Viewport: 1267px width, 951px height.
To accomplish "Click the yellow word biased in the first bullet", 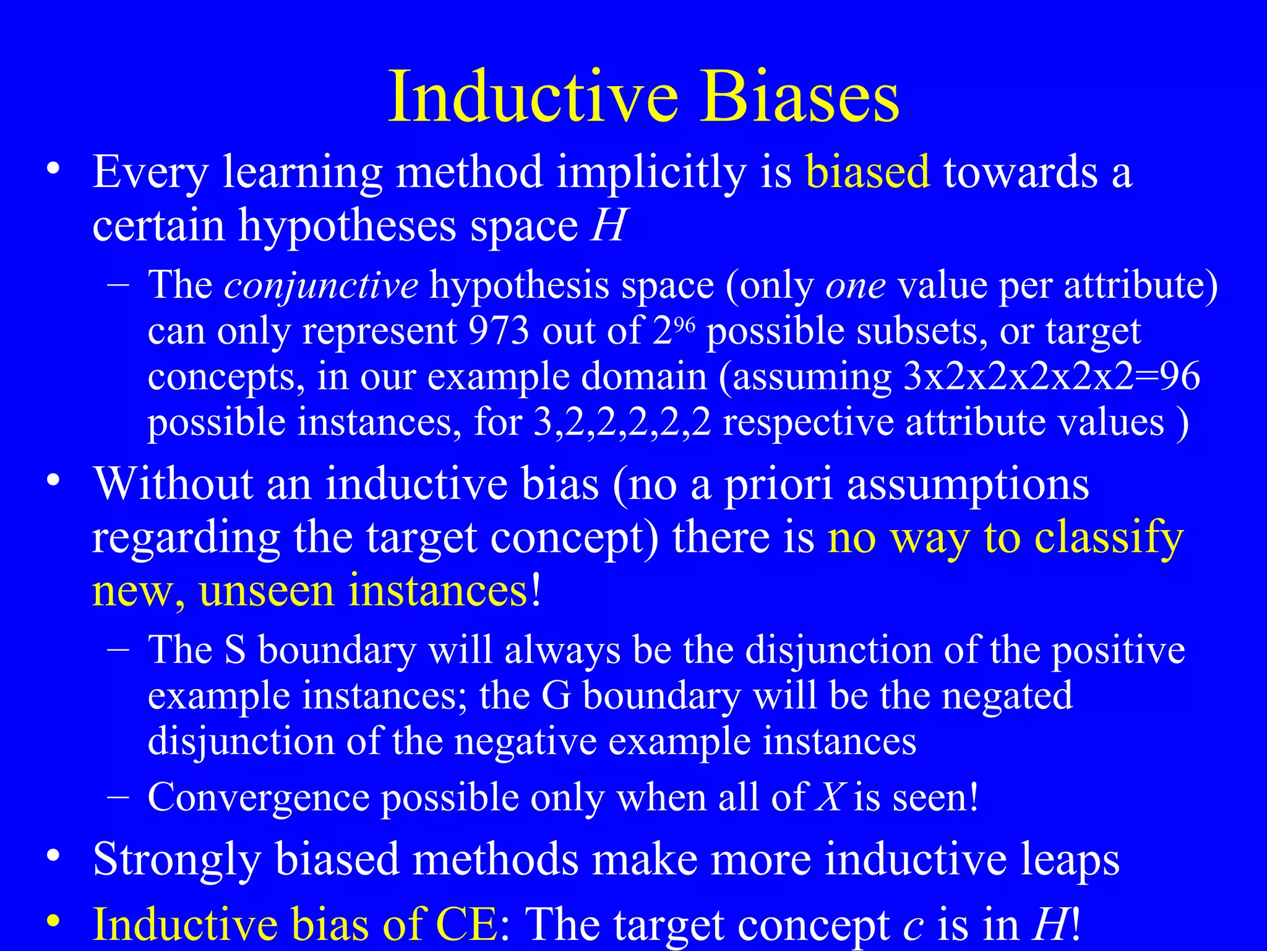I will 867,172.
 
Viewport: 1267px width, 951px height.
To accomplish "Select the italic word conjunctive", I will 320,285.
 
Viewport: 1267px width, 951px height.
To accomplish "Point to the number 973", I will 499,331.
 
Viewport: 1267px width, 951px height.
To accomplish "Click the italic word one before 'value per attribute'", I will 856,285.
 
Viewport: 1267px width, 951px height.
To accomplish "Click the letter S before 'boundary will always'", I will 234,650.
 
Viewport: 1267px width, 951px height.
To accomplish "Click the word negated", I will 1007,696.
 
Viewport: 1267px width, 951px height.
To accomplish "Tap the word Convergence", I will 258,797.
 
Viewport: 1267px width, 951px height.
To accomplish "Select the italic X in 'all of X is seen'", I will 830,797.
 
